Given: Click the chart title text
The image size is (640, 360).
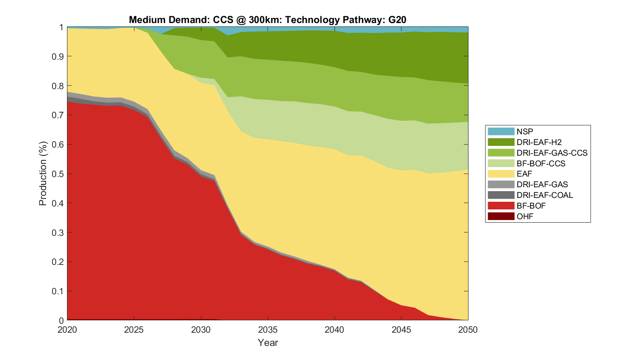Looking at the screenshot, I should [x=268, y=20].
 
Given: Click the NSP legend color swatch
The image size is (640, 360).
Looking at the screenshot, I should [x=501, y=131].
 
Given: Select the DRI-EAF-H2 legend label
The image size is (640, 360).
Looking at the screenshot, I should [x=539, y=142].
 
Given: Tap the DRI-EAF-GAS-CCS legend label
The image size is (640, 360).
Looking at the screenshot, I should [x=552, y=153].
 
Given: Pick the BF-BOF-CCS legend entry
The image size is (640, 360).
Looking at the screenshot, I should [x=541, y=163].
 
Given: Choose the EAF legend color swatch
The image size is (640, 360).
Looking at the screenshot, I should [x=501, y=174].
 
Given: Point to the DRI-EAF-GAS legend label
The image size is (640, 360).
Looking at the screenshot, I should [x=542, y=184].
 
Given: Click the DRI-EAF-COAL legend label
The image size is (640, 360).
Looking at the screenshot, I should [x=544, y=195].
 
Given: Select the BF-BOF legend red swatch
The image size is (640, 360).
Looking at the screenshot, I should [x=501, y=206].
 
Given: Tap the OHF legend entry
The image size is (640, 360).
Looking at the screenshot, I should [x=525, y=216].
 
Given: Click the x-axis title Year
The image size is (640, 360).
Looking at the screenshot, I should [x=268, y=343].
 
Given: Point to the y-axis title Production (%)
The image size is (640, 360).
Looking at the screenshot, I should [x=43, y=174].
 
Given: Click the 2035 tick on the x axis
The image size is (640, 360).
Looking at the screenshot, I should [x=268, y=330].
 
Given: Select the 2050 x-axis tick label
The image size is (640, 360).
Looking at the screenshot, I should [x=468, y=330].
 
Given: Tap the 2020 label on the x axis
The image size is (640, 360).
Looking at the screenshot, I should [x=67, y=330].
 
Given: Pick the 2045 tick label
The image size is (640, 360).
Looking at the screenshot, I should [x=401, y=330].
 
